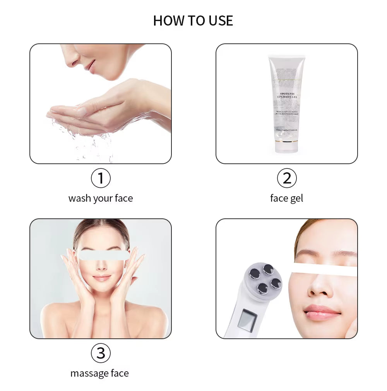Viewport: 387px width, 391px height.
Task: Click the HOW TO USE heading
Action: point(193,21)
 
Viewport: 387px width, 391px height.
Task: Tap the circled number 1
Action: point(101,178)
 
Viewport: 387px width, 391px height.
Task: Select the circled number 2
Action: point(287,178)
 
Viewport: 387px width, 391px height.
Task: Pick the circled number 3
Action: point(101,353)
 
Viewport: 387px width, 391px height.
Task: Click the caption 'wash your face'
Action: point(101,198)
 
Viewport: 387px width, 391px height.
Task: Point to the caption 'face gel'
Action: point(286,198)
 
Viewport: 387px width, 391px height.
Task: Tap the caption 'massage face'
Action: point(99,373)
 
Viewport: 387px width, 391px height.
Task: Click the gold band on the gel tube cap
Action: point(286,142)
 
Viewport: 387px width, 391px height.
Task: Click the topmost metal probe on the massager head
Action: point(268,269)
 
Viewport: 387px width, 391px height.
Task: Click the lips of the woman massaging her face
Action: point(101,278)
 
